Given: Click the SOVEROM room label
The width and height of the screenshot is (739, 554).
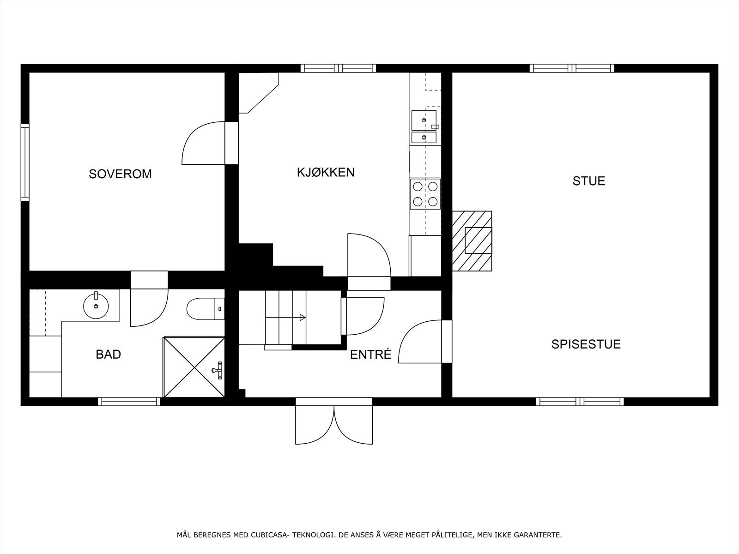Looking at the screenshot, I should (x=120, y=174).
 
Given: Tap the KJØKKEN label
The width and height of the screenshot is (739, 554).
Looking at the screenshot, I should (x=326, y=172).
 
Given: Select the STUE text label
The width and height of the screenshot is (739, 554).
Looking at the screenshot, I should (x=588, y=181).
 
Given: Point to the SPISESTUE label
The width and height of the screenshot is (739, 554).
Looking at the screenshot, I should (x=586, y=344).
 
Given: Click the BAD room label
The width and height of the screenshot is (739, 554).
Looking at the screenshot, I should (x=108, y=355).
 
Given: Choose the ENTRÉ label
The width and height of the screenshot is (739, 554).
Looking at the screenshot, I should (x=370, y=355).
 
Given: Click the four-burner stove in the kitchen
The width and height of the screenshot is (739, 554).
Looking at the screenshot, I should (x=425, y=194).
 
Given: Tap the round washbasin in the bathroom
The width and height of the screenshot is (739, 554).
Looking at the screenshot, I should (x=96, y=306).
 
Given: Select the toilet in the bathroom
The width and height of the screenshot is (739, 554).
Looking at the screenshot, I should (x=203, y=308).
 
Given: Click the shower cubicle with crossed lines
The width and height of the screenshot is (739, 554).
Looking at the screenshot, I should (x=194, y=367).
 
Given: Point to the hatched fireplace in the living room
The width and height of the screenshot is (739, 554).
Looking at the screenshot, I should (x=472, y=241).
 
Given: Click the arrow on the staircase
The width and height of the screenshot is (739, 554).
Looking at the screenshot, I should (x=303, y=317).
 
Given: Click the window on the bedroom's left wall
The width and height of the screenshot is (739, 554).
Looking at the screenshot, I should (x=25, y=162).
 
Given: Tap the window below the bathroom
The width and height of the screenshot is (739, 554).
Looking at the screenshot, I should (x=129, y=402).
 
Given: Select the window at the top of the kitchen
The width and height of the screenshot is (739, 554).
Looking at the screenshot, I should (x=338, y=68).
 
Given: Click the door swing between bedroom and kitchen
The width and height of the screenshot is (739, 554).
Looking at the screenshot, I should (x=203, y=143).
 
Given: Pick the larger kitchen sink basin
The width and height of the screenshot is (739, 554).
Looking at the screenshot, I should (x=424, y=120).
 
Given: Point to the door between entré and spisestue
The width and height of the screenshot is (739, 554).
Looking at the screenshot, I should (x=423, y=342).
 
